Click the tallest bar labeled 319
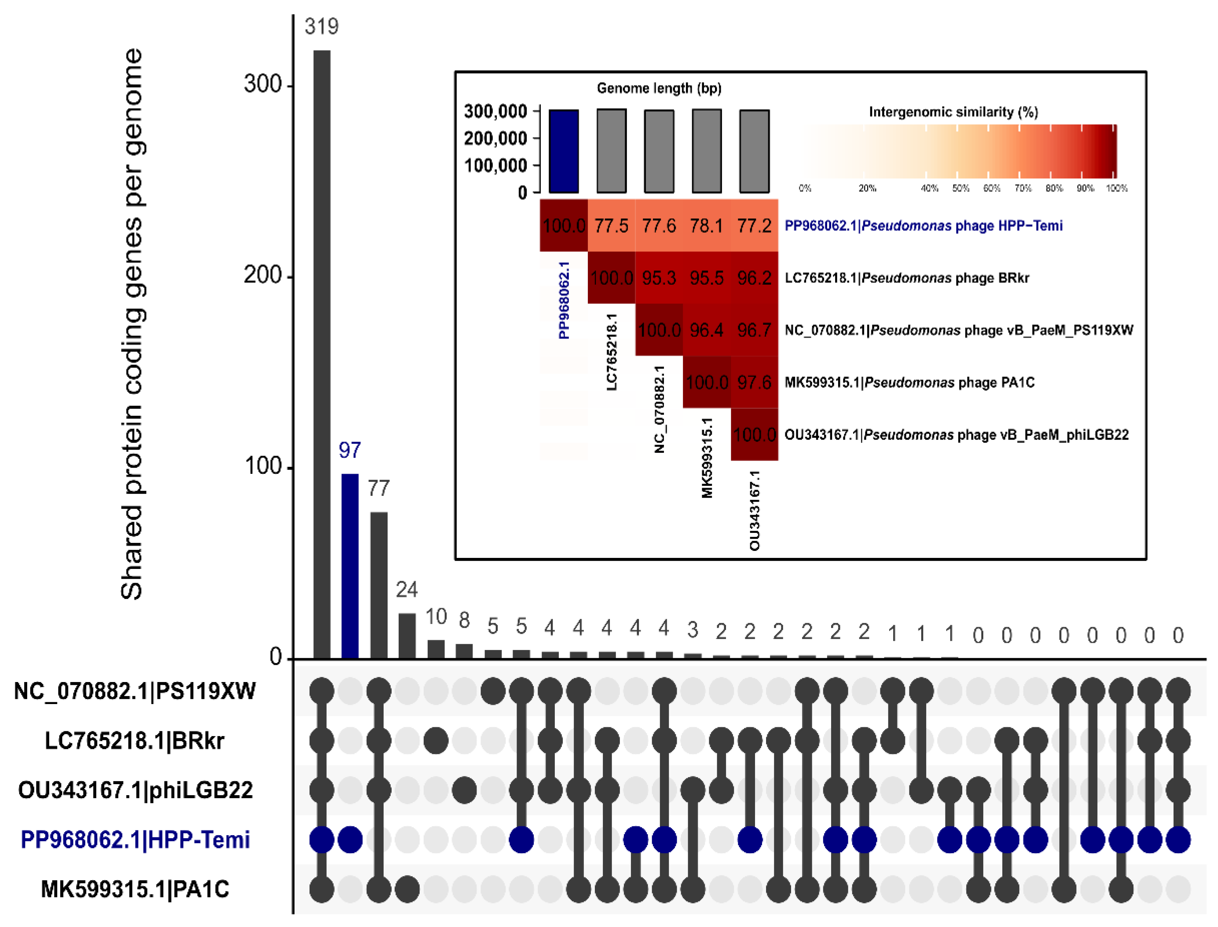(322, 353)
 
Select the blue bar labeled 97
(350, 566)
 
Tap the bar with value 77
(378, 585)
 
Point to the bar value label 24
(407, 590)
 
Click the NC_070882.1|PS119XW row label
(134, 691)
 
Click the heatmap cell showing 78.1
(707, 226)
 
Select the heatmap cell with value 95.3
(659, 278)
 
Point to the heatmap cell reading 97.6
(754, 382)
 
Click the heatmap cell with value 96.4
(707, 330)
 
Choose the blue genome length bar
(564, 151)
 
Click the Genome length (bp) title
(659, 88)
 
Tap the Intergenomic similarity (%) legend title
(953, 112)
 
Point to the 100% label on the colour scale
(1116, 188)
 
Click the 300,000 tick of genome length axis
(496, 111)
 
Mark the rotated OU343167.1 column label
(754, 511)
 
